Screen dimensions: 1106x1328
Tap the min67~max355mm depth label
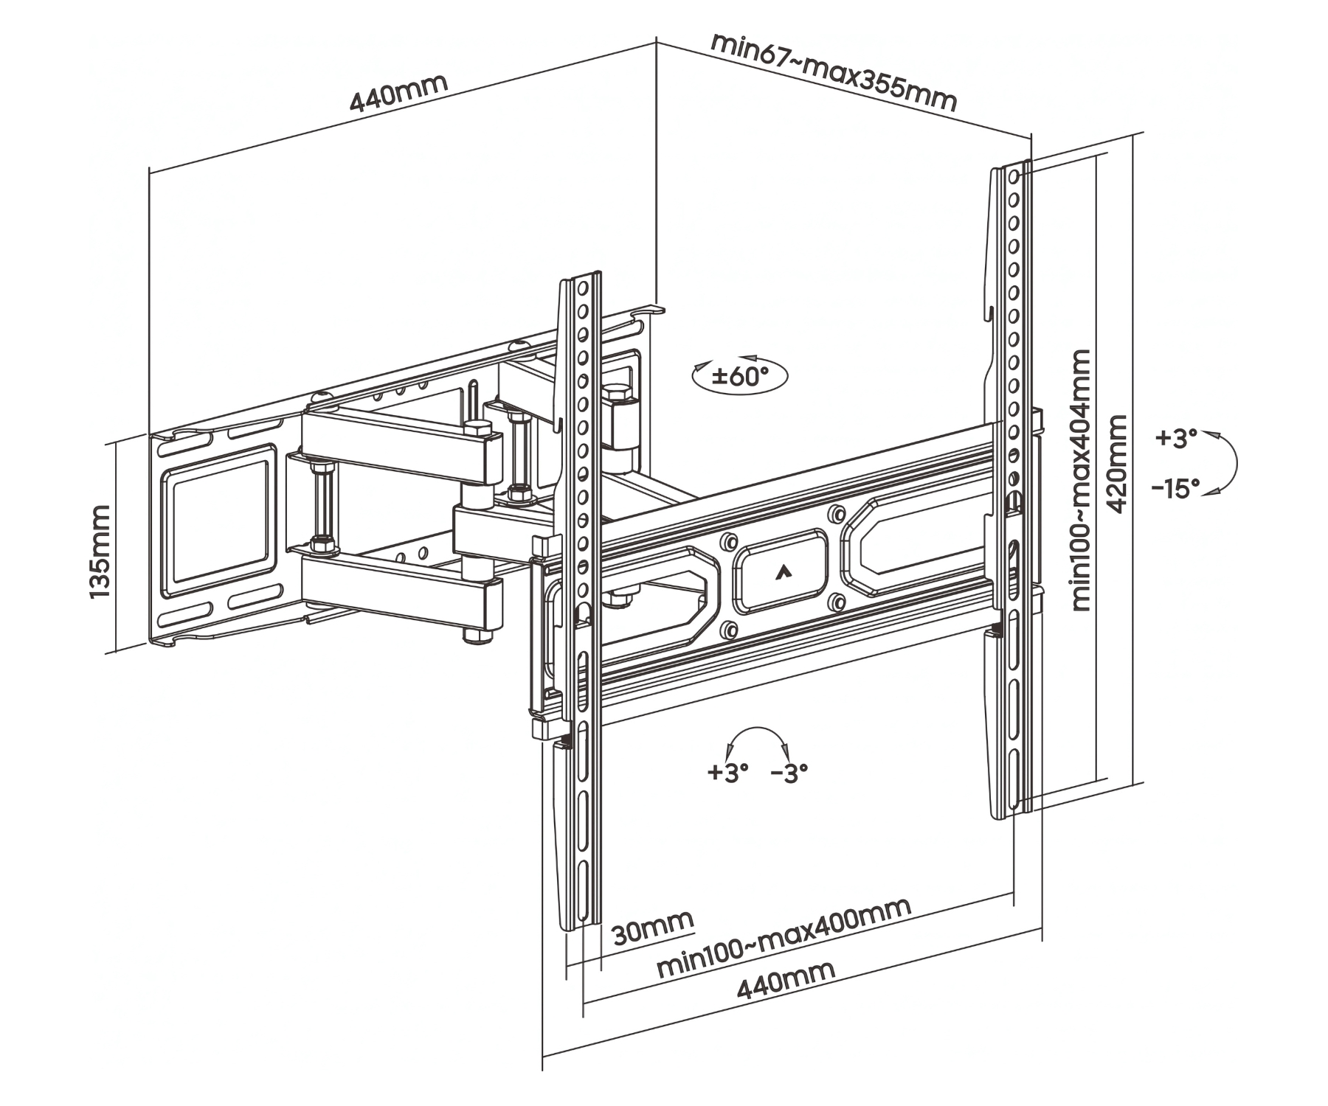833,71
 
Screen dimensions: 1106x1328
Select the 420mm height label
1118,464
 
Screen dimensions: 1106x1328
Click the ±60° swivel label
739,377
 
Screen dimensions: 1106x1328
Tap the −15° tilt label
1176,488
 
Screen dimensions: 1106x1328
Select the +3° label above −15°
1176,438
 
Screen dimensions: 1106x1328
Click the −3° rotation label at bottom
789,772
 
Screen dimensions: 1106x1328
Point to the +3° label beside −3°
727,772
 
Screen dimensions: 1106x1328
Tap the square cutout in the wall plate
216,520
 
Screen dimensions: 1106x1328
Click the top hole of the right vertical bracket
1014,176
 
